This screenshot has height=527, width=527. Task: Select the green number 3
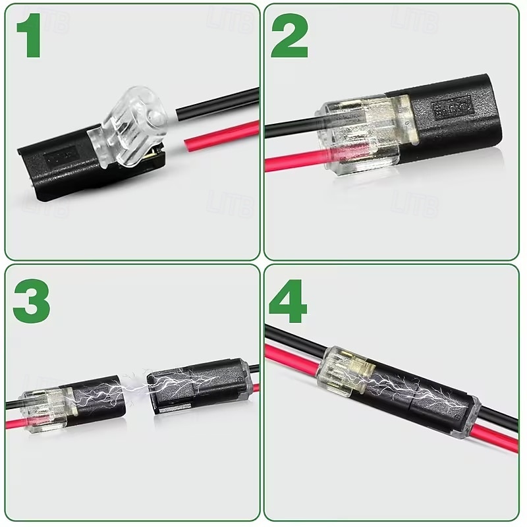30,300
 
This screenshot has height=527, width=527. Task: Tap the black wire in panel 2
290,127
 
